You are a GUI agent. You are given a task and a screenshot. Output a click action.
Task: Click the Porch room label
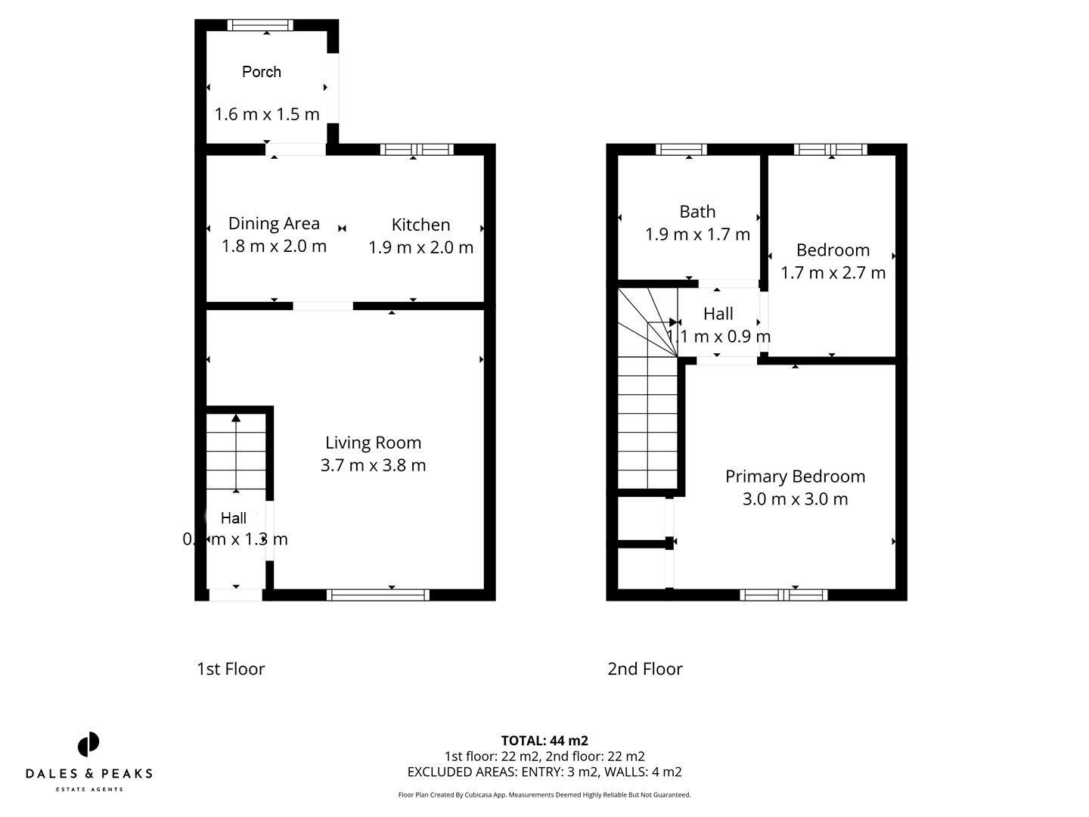pos(262,72)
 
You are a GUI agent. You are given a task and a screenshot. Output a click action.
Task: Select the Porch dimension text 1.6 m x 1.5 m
pos(267,114)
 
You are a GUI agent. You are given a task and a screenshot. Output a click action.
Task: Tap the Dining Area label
pos(274,223)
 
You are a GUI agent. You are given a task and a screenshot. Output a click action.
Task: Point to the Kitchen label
pos(420,225)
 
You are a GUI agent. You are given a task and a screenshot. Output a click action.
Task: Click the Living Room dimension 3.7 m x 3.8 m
pos(373,465)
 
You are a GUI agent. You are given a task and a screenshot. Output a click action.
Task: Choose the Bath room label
pos(697,212)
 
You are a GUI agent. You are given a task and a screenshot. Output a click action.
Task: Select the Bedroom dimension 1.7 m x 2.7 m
pos(833,272)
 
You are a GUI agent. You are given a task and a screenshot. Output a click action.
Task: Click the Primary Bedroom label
pos(795,477)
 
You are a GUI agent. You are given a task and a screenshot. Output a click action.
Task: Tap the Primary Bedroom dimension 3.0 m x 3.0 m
pos(795,499)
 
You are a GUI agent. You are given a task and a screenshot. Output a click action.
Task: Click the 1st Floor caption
pos(231,669)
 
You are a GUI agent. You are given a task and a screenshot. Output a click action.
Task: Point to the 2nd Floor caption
pos(644,669)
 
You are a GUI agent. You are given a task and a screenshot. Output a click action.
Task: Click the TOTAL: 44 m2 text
pos(544,741)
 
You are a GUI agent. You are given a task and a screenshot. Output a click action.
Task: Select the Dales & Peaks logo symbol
pos(88,744)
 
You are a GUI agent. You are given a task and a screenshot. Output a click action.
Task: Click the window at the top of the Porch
pos(261,26)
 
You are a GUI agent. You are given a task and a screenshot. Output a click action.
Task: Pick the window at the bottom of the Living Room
pos(378,595)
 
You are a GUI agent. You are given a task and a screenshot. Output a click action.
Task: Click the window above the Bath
pos(681,150)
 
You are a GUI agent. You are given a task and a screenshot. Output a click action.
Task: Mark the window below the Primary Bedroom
pos(783,595)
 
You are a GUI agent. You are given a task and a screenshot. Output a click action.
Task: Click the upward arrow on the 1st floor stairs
pos(236,418)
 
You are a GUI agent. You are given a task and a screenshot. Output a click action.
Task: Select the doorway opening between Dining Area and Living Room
pos(323,306)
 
